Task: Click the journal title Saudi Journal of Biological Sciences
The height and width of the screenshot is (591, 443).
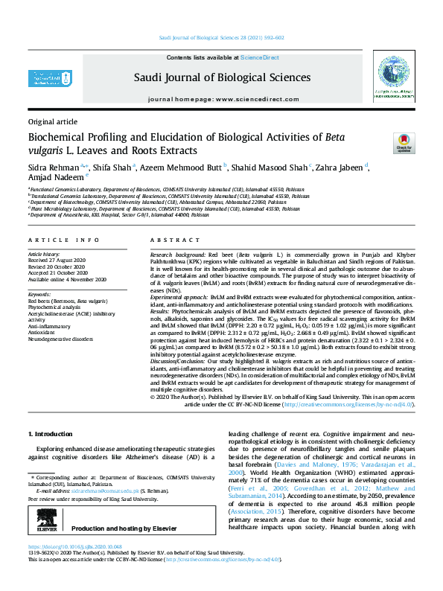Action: (x=222, y=77)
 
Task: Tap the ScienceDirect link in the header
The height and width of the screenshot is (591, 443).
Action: (x=259, y=57)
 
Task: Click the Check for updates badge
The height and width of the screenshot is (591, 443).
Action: (x=403, y=142)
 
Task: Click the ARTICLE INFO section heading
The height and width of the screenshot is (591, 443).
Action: (x=64, y=240)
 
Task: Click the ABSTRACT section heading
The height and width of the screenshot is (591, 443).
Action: (x=170, y=240)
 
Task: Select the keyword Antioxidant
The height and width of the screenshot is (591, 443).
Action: (x=44, y=332)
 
